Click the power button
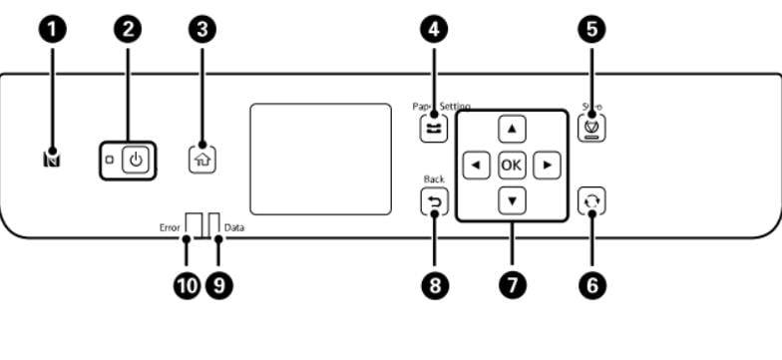pos(137,160)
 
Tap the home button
pos(202,157)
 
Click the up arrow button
pos(512,128)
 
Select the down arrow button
pos(512,198)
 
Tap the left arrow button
pos(477,164)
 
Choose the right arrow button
pos(547,164)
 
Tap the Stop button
pos(592,128)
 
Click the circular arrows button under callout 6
pos(592,199)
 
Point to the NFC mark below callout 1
pos(52,158)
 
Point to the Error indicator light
pos(194,223)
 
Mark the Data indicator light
pos(213,223)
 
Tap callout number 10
pos(186,285)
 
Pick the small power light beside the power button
pos(109,160)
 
